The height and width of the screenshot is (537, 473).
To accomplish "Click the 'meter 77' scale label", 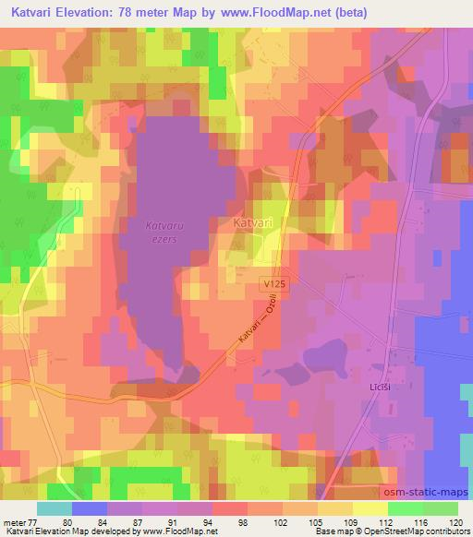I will click(19, 520).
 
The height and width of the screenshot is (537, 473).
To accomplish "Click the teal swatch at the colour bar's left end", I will click(55, 508).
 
